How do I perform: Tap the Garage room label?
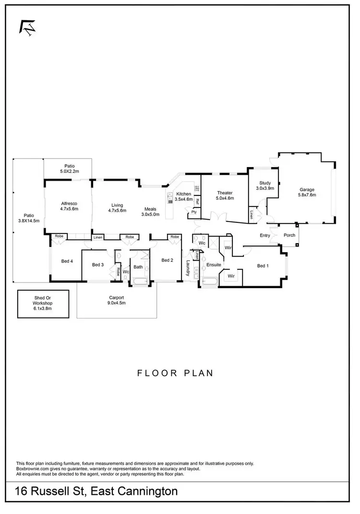tap(307, 189)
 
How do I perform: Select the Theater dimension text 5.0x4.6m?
tap(225, 198)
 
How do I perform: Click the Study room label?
tap(265, 183)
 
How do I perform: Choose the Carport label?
tap(117, 297)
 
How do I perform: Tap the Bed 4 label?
tap(67, 261)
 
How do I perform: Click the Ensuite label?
tap(214, 265)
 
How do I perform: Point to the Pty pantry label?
tap(194, 212)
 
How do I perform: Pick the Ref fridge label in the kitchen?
tap(197, 202)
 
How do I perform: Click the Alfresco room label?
tap(69, 203)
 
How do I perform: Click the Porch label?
tap(289, 235)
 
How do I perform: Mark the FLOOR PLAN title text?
tap(175, 373)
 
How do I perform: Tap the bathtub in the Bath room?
tap(140, 281)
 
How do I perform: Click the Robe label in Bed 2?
tap(174, 237)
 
